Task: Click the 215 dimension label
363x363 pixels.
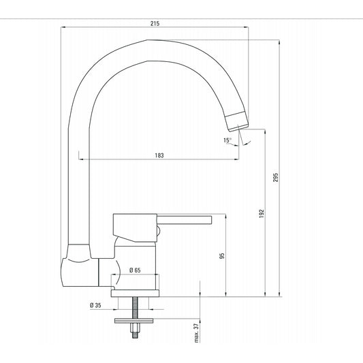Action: coord(155,23)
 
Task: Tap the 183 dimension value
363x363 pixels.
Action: coord(159,155)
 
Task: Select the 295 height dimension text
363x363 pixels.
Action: coord(276,177)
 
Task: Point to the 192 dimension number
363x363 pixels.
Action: coord(262,213)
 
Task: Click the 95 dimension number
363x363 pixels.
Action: coord(222,256)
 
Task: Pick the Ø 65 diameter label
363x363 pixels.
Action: coord(135,270)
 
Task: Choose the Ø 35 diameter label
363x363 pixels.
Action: coord(95,305)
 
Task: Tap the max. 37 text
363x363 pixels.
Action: coord(197,333)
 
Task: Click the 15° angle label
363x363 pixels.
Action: coord(227,140)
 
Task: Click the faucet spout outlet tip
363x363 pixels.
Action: coord(239,128)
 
